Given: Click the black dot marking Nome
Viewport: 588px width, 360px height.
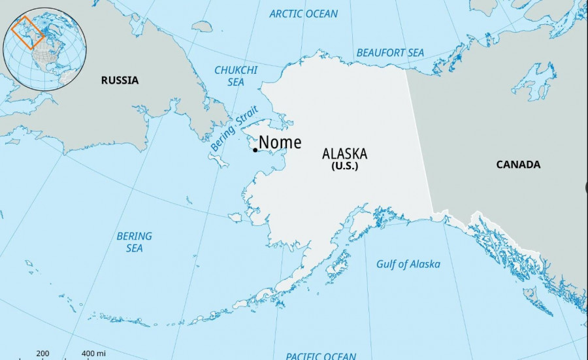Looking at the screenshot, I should (255, 150).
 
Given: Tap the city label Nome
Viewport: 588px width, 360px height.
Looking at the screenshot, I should (280, 142).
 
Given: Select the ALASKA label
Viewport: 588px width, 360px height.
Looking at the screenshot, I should (344, 154).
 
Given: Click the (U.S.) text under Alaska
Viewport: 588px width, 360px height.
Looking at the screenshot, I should (344, 167).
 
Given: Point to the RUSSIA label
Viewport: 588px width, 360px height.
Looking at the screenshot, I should (120, 80).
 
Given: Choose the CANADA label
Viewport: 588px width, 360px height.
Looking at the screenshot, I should (518, 165).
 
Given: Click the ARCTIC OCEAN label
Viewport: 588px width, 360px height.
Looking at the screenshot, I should (304, 14).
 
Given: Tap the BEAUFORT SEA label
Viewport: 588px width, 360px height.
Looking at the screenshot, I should (390, 52).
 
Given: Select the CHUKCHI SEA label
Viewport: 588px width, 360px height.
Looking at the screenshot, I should (236, 76).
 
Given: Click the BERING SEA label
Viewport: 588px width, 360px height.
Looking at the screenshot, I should (134, 242).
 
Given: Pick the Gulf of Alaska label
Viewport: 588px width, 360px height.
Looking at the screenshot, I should (408, 264).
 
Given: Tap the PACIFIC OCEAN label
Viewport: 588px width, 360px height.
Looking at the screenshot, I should (321, 355).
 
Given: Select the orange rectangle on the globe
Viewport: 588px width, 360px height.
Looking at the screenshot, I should (28, 33).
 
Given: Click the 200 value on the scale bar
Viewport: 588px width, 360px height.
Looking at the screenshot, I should (42, 353).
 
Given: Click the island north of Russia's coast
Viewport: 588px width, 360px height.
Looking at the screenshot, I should (202, 27).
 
